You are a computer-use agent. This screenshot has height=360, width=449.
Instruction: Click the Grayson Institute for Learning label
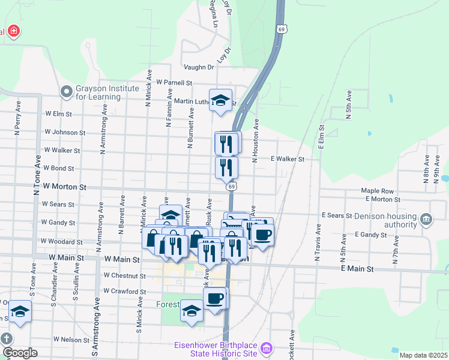98,92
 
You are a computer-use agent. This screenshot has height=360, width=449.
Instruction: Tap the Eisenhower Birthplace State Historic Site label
215,349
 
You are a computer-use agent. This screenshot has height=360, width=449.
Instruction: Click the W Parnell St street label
173,83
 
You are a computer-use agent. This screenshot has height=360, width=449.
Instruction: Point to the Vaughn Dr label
199,68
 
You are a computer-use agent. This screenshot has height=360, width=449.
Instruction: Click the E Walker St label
288,159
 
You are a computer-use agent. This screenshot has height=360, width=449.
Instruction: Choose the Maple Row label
377,191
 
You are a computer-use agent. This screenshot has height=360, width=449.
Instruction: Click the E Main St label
357,269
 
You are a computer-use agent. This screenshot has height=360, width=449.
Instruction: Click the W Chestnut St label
124,276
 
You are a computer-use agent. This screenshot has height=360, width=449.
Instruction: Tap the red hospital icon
13,32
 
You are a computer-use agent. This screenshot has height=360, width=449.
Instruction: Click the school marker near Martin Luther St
220,101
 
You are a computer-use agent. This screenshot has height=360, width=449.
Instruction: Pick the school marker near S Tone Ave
20,312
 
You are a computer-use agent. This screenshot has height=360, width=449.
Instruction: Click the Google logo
19,353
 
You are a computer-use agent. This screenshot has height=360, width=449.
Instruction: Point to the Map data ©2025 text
423,355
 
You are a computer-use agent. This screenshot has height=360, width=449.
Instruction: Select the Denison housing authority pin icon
426,219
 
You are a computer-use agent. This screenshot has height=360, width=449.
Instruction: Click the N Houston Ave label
255,140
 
